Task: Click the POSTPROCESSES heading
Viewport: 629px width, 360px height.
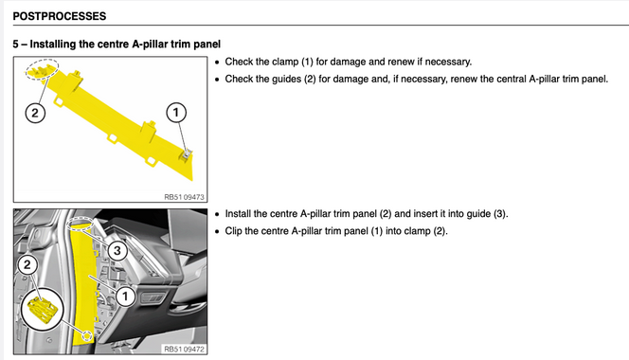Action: pyautogui.click(x=60, y=16)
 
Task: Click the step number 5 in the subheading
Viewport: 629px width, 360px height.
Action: pyautogui.click(x=16, y=45)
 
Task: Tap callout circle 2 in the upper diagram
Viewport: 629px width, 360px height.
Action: pyautogui.click(x=35, y=113)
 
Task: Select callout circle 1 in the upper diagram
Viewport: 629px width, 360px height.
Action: pyautogui.click(x=176, y=113)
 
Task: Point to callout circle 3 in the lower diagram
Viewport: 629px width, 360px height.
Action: pyautogui.click(x=117, y=251)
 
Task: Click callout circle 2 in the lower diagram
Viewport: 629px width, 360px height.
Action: pyautogui.click(x=27, y=265)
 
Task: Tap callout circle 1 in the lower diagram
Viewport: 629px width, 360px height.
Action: pyautogui.click(x=125, y=297)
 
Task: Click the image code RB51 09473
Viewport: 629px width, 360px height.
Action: pyautogui.click(x=184, y=197)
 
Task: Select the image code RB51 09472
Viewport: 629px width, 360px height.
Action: pyautogui.click(x=184, y=350)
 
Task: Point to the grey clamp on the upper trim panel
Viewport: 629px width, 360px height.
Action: pyautogui.click(x=187, y=155)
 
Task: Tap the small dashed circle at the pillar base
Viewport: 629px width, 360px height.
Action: pyautogui.click(x=87, y=335)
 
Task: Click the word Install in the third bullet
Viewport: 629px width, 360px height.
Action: pyautogui.click(x=238, y=213)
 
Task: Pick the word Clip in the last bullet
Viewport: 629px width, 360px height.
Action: pyautogui.click(x=233, y=231)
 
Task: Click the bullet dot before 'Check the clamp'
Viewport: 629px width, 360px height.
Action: pyautogui.click(x=217, y=63)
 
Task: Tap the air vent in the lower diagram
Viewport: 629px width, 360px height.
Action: pyautogui.click(x=152, y=297)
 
